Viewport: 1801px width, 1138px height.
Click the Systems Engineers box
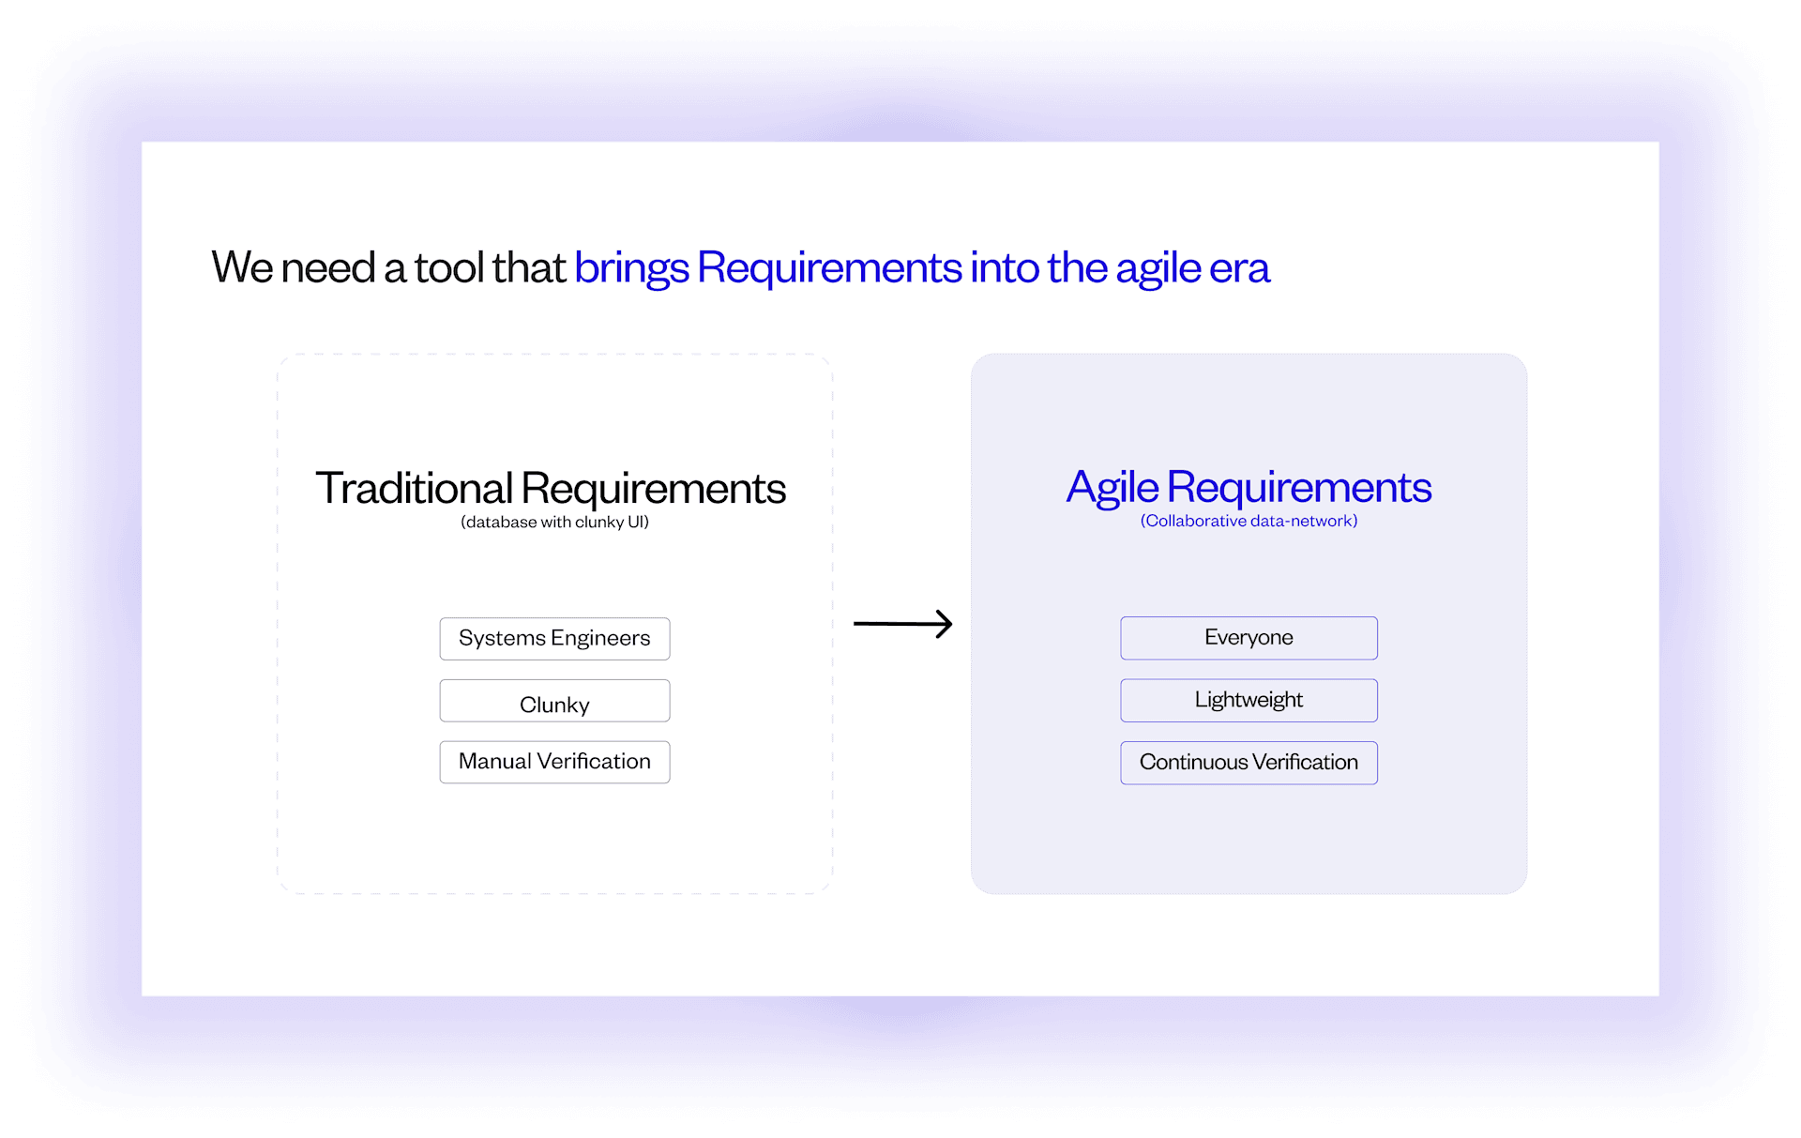tap(554, 639)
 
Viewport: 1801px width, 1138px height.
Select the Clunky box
tap(554, 702)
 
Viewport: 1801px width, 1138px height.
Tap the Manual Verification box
tap(554, 762)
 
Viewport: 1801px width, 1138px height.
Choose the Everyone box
tap(1249, 638)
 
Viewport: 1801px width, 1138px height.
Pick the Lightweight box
tap(1249, 700)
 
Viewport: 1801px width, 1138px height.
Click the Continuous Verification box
tap(1249, 763)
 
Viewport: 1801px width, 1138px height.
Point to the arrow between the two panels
tap(902, 624)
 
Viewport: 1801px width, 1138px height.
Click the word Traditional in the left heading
tap(414, 489)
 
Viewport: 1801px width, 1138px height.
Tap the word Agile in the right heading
tap(1112, 489)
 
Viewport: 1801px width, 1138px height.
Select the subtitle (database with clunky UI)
tap(554, 523)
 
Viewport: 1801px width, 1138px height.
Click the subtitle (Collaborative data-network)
tap(1249, 522)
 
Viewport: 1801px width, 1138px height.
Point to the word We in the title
tap(242, 268)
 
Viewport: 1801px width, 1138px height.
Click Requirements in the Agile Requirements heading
tap(1299, 488)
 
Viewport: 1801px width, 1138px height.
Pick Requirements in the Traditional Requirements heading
tap(654, 489)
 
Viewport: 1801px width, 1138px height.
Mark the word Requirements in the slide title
tap(829, 268)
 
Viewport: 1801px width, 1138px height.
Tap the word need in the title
tap(327, 268)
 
